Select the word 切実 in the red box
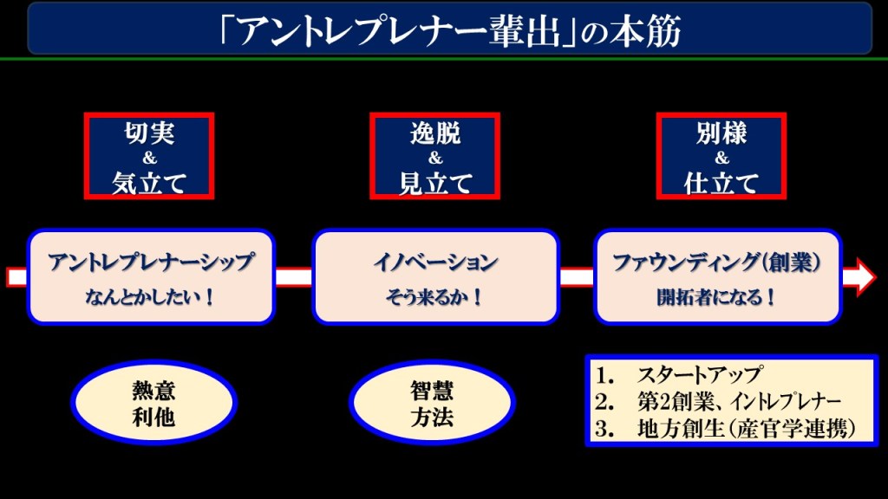point(149,133)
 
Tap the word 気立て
point(149,182)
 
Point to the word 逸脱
point(435,133)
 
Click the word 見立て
point(435,182)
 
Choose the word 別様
point(721,133)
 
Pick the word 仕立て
point(721,182)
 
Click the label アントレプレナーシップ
point(152,262)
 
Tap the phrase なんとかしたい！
point(152,298)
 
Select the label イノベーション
point(435,262)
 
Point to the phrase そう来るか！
point(435,298)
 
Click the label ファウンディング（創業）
point(717,262)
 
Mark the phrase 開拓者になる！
point(717,298)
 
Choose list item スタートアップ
point(699,376)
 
